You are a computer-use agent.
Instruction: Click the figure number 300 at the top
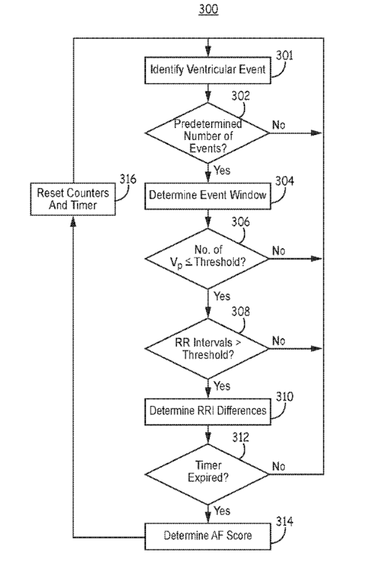click(x=208, y=9)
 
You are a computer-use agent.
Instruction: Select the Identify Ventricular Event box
click(x=208, y=70)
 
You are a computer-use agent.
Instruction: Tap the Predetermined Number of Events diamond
click(x=208, y=133)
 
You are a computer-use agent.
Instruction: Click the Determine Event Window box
click(x=208, y=195)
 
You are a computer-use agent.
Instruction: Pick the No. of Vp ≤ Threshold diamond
click(x=208, y=258)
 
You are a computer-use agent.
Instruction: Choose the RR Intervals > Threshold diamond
click(x=208, y=348)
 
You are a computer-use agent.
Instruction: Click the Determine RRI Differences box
click(x=208, y=411)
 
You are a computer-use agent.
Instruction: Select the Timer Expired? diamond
click(x=208, y=474)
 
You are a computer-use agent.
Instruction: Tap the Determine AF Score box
click(x=208, y=536)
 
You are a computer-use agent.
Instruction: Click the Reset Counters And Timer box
click(x=73, y=199)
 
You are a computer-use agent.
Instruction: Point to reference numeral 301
click(x=284, y=55)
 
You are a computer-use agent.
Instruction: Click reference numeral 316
click(x=128, y=179)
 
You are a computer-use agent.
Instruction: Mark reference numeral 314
click(x=284, y=521)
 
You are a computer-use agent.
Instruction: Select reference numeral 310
click(x=284, y=397)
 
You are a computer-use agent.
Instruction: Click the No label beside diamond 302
click(x=279, y=125)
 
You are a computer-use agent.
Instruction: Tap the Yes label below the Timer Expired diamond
click(x=222, y=511)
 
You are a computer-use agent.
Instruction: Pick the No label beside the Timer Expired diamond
click(x=279, y=467)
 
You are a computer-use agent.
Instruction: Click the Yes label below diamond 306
click(x=222, y=296)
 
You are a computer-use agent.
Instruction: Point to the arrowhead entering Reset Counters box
click(x=73, y=220)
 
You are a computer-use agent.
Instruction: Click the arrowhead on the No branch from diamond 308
click(x=317, y=348)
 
